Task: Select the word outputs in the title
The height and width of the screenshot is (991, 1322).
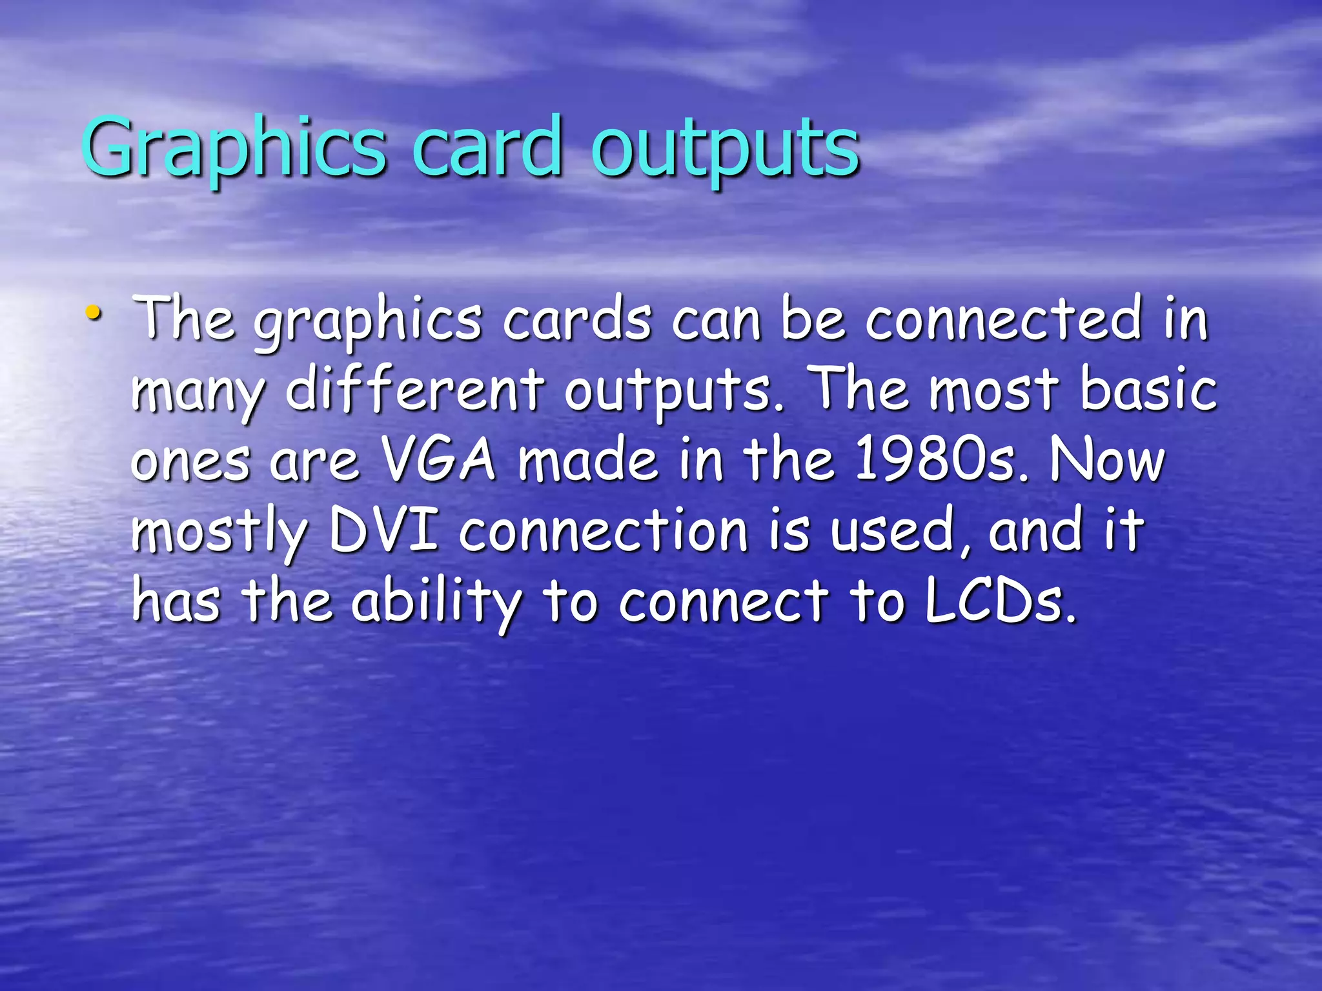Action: pyautogui.click(x=724, y=148)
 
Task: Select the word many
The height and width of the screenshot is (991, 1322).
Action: pyautogui.click(x=198, y=393)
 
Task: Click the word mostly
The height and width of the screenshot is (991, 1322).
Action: pyautogui.click(x=219, y=533)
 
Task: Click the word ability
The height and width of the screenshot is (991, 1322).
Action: pyautogui.click(x=437, y=604)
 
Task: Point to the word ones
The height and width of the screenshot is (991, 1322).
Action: pyautogui.click(x=190, y=462)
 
